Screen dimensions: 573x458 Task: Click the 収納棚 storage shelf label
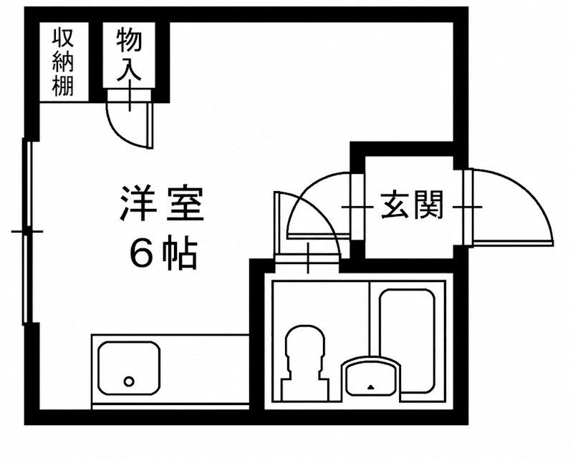pyautogui.click(x=64, y=62)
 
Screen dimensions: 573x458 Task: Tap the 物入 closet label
pyautogui.click(x=129, y=55)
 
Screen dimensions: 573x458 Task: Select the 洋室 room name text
pyautogui.click(x=162, y=204)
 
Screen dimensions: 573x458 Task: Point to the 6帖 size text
pyautogui.click(x=163, y=253)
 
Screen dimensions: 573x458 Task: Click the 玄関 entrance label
pyautogui.click(x=412, y=205)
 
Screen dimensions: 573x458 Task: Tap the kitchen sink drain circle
pyautogui.click(x=129, y=381)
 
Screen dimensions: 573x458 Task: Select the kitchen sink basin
pyautogui.click(x=130, y=368)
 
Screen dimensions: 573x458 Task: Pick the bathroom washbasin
pyautogui.click(x=371, y=379)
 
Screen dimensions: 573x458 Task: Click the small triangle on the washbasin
pyautogui.click(x=371, y=386)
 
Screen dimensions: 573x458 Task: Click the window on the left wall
pyautogui.click(x=27, y=232)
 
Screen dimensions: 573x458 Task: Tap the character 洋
pyautogui.click(x=138, y=204)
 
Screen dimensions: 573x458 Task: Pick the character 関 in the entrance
pyautogui.click(x=428, y=205)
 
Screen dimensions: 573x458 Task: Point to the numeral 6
pyautogui.click(x=140, y=253)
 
